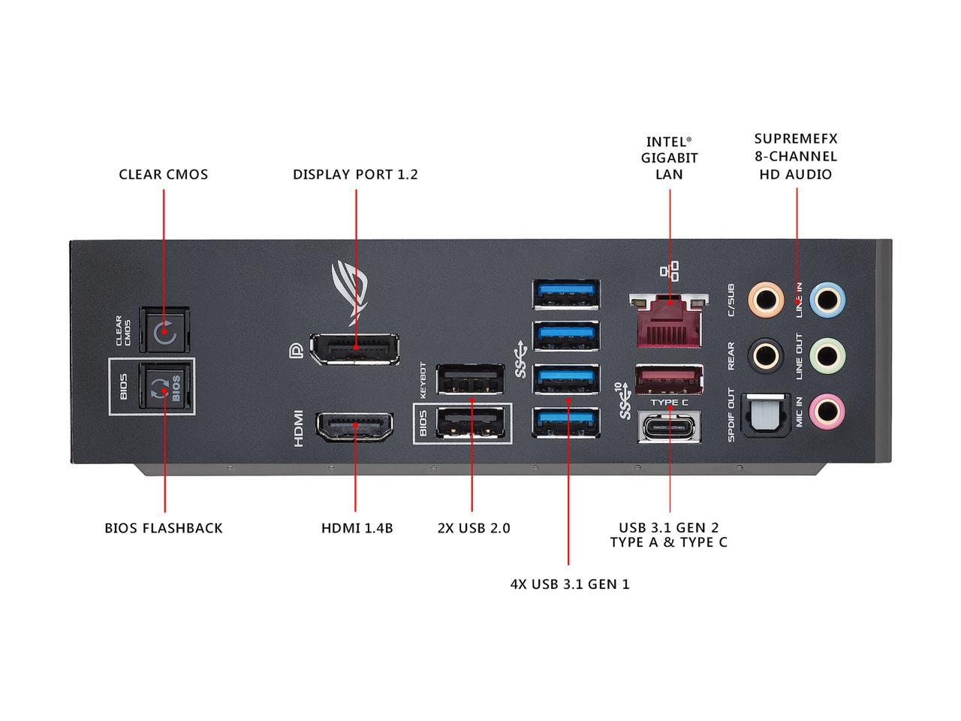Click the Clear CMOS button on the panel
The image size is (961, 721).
(x=164, y=330)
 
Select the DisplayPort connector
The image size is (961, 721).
(x=354, y=348)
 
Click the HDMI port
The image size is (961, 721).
(x=354, y=427)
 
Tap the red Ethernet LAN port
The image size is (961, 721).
(x=669, y=321)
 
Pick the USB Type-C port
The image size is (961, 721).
(x=669, y=426)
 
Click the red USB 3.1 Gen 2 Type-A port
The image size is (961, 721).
(x=669, y=379)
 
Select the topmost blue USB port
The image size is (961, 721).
(x=566, y=294)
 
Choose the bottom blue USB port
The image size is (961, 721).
(x=566, y=422)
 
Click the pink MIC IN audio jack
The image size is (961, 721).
(x=827, y=411)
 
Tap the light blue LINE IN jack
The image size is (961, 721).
(x=827, y=300)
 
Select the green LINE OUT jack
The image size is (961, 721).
(x=827, y=355)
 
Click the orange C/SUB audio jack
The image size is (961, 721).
(x=766, y=300)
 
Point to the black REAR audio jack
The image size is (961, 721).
(x=766, y=355)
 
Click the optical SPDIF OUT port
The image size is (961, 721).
(x=766, y=415)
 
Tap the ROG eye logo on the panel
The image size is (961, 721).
(x=350, y=292)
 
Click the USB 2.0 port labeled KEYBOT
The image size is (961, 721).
(x=470, y=379)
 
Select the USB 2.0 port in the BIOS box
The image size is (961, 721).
(x=470, y=422)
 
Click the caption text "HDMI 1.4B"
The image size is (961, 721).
(x=357, y=528)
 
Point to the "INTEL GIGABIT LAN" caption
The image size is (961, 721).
(x=669, y=158)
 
